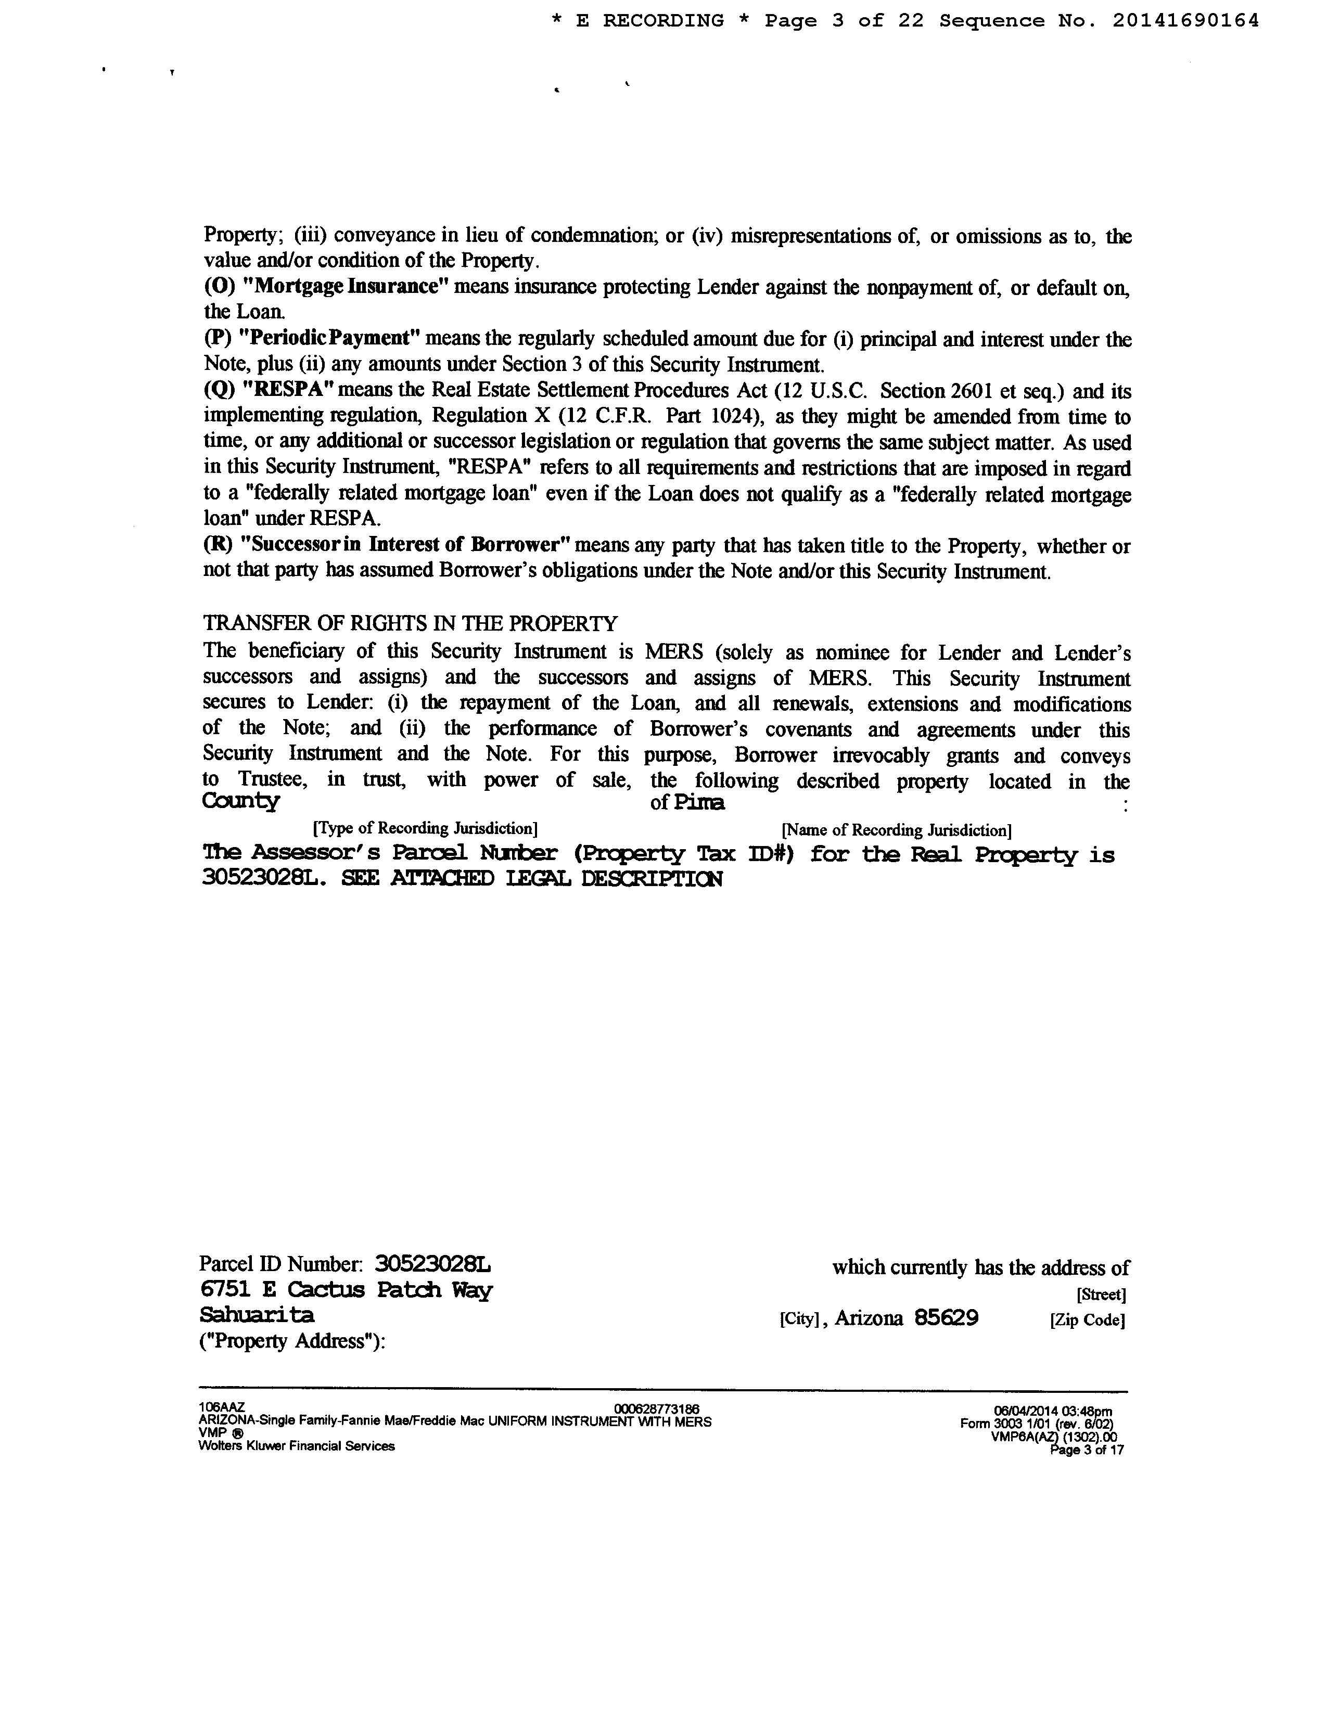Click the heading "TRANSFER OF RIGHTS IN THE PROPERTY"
point(411,623)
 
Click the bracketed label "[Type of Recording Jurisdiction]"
point(425,829)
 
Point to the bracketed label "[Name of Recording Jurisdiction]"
point(896,830)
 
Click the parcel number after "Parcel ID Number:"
point(433,1264)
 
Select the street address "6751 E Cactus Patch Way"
point(347,1290)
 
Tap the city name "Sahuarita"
point(257,1315)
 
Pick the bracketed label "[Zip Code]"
point(1087,1320)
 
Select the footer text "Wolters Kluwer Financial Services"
point(297,1446)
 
